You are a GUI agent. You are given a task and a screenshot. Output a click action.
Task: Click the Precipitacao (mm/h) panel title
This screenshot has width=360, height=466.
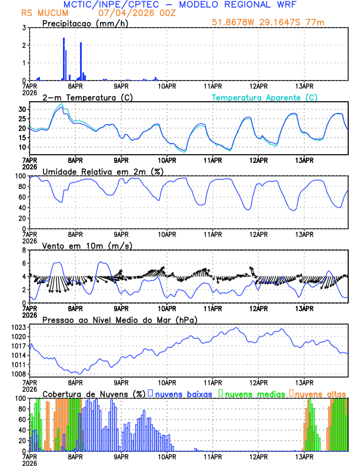85,23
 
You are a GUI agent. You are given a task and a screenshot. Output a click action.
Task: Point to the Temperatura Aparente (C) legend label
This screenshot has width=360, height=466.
265,97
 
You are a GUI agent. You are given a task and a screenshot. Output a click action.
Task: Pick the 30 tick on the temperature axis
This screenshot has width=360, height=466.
22,109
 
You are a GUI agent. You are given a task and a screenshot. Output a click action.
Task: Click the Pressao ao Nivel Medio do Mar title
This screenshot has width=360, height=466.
119,319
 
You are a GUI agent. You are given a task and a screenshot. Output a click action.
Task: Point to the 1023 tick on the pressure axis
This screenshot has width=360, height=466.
18,327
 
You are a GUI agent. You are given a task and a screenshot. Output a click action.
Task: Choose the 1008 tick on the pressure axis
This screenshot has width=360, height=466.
18,374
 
